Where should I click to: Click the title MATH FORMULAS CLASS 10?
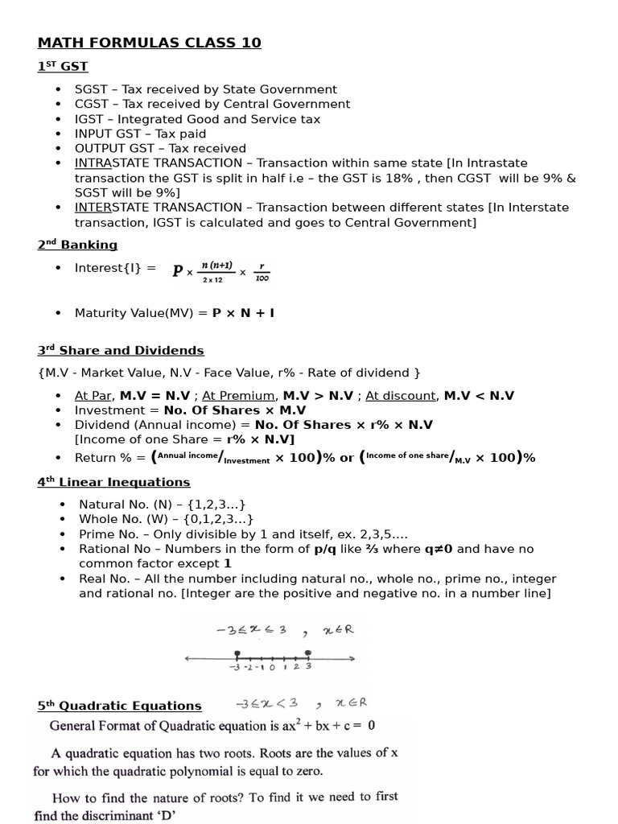(149, 43)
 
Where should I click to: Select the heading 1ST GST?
(63, 66)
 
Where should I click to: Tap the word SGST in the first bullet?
(91, 89)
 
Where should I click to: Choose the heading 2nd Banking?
(77, 245)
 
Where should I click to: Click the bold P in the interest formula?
(178, 271)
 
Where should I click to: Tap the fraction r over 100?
(262, 272)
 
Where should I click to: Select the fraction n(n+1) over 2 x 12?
(216, 272)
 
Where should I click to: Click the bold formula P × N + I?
(243, 312)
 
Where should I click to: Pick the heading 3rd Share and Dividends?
(121, 350)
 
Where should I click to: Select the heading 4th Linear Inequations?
(113, 482)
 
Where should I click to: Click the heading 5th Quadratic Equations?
(119, 706)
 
